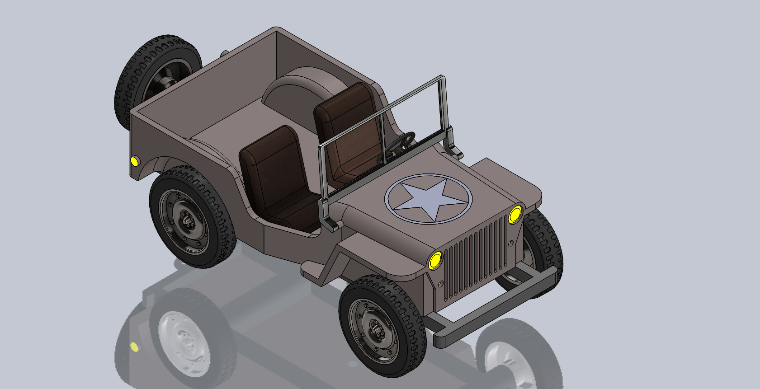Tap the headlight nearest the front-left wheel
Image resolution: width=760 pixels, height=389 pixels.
(x=435, y=260)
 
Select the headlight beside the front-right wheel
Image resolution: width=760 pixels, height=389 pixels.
(x=515, y=214)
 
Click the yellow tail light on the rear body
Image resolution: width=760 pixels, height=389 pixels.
(x=134, y=161)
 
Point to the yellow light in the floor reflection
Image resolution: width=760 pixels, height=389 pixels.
(x=134, y=347)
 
